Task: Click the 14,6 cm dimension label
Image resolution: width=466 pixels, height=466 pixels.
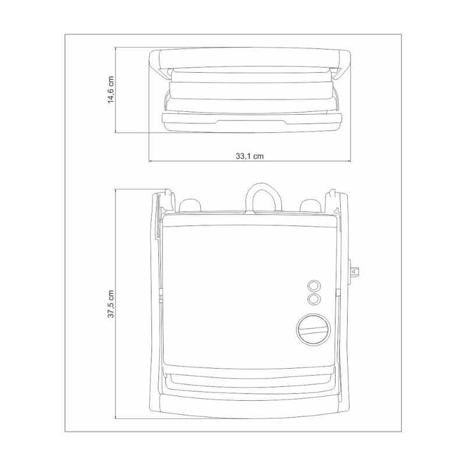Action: pos(111,90)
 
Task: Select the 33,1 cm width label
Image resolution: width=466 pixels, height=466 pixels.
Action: pos(250,156)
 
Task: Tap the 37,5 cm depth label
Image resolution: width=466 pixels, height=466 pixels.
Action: pos(111,304)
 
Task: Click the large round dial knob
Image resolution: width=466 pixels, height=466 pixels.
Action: pos(313,330)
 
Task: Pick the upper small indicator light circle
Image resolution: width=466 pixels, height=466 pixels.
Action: pos(314,286)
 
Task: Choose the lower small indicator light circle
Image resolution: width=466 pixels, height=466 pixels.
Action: pos(314,299)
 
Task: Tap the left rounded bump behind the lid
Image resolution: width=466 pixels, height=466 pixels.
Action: pos(190,206)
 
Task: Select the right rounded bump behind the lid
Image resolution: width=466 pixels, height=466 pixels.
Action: pos(310,206)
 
